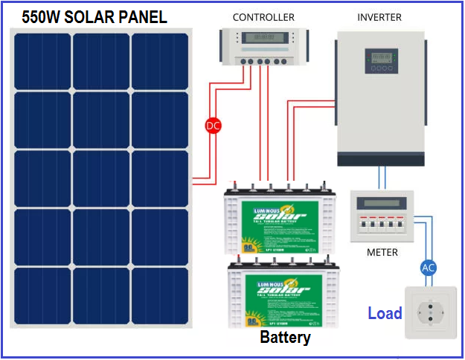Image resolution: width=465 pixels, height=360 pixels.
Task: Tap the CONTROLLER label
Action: click(263, 17)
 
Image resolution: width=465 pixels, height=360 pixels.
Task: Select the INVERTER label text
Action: click(379, 17)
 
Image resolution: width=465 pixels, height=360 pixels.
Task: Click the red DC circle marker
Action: click(214, 126)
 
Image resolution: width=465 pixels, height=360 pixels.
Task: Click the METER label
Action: click(382, 252)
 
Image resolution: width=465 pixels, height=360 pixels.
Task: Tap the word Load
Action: click(385, 314)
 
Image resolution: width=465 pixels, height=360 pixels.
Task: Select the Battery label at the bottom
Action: click(285, 338)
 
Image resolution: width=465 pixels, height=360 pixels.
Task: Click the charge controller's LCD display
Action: click(263, 37)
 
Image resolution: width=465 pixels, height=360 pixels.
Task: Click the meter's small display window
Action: click(380, 203)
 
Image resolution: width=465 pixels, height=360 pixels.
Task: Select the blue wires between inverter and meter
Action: click(382, 178)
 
